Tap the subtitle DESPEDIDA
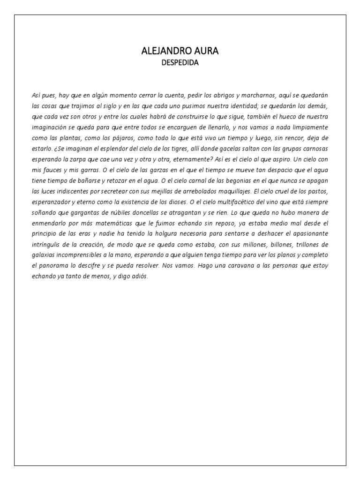point(180,63)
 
